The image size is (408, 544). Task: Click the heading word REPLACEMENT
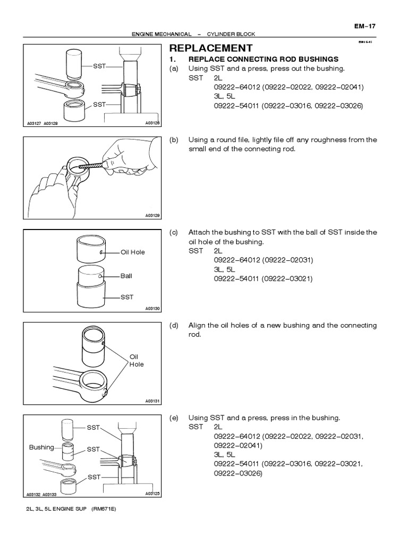pos(211,48)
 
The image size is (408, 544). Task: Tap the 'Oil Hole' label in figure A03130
pos(133,252)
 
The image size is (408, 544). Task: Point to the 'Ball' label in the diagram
pos(126,276)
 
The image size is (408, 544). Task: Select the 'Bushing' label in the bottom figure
pos(41,447)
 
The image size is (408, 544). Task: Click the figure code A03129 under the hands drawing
pos(152,216)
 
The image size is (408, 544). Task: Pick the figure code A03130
pos(152,309)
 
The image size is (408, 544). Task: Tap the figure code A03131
pos(152,401)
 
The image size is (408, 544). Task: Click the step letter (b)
pos(174,140)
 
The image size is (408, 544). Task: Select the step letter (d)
pos(174,325)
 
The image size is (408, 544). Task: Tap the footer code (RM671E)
pos(104,509)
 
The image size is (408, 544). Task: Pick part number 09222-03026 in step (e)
pos(239,473)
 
